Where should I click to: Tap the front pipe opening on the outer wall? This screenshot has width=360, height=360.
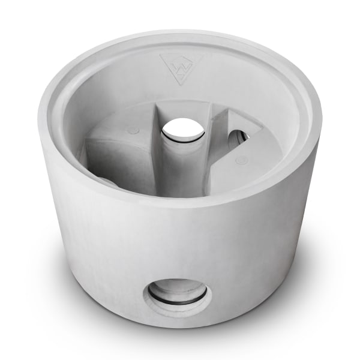[178, 294]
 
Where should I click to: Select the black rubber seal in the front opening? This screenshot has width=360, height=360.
[178, 298]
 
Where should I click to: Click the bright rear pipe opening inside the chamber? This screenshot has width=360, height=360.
[183, 129]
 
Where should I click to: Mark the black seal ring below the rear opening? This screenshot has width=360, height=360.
[183, 142]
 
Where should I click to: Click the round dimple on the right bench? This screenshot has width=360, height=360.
[241, 160]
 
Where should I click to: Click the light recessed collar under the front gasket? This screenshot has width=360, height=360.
[178, 309]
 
